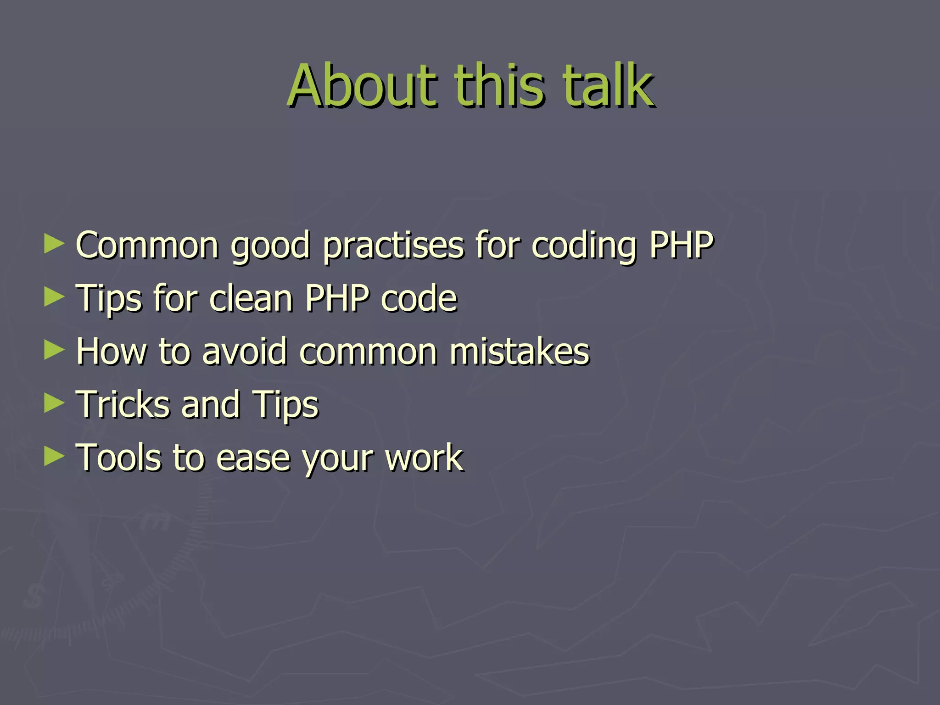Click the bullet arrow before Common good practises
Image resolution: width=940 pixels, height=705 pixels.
pos(54,244)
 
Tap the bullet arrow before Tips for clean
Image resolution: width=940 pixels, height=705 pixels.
pos(54,297)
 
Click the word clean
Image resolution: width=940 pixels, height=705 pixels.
pos(251,298)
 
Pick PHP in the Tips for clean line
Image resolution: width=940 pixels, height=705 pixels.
pos(337,298)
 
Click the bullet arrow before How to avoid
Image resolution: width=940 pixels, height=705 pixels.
pos(54,351)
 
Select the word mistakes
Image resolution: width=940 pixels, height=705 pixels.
pos(519,352)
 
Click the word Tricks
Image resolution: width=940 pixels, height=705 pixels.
pos(124,405)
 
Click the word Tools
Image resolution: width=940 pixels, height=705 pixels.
pos(119,458)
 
